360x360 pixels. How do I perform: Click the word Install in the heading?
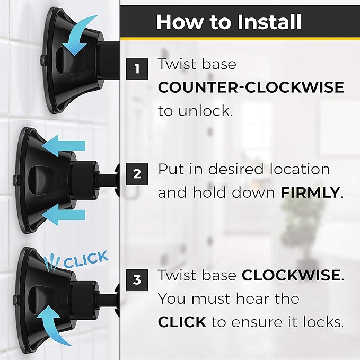[x=269, y=22]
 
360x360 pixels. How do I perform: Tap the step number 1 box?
[x=137, y=69]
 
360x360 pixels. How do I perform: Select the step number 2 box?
[x=137, y=174]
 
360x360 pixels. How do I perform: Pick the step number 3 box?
[x=137, y=280]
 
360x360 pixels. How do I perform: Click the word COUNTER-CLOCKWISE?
[x=251, y=87]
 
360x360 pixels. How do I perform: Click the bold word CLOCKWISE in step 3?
[x=291, y=275]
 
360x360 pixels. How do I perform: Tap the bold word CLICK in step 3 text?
[x=182, y=322]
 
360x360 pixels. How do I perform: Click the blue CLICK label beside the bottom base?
[x=86, y=259]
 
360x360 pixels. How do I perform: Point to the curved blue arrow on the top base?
[x=79, y=34]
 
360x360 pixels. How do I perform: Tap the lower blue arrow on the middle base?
[x=64, y=215]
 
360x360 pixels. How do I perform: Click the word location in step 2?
[x=300, y=170]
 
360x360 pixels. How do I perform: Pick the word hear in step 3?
[x=251, y=298]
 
